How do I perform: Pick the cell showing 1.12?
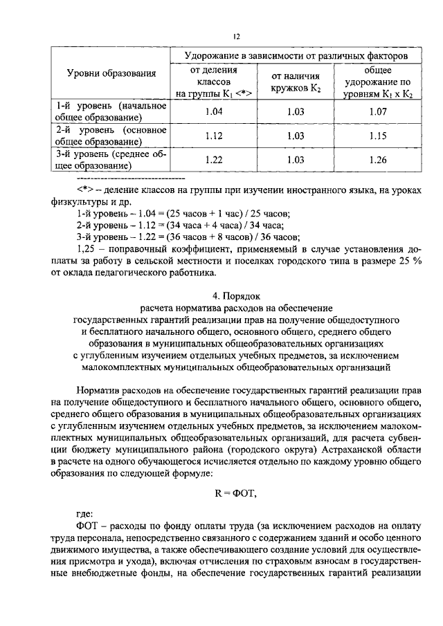pyautogui.click(x=214, y=136)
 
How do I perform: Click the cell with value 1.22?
pyautogui.click(x=214, y=160)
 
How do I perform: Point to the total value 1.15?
pyautogui.click(x=377, y=136)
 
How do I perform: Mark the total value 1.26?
pyautogui.click(x=377, y=160)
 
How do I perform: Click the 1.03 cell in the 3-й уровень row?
pyautogui.click(x=296, y=160)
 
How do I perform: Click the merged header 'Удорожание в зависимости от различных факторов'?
pyautogui.click(x=295, y=54)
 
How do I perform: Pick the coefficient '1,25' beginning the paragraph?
pyautogui.click(x=86, y=248)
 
